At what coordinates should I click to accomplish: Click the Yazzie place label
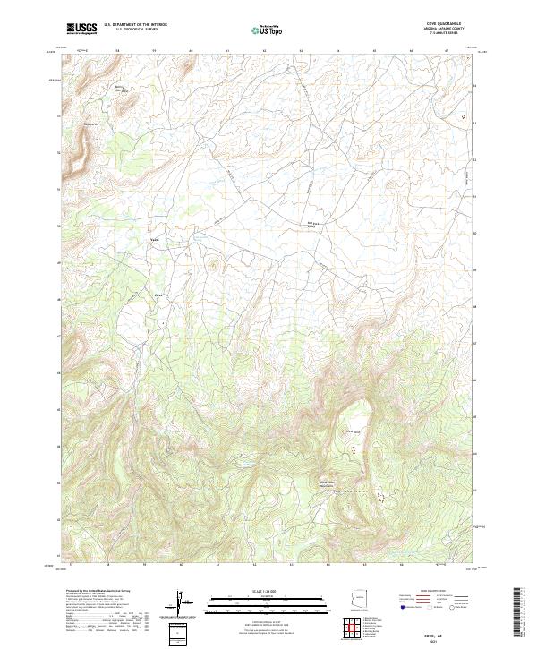click(x=154, y=238)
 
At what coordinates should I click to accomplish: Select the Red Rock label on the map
click(x=312, y=224)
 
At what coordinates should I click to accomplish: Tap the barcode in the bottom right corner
click(x=518, y=613)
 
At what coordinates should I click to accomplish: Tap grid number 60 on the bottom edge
click(x=182, y=566)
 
